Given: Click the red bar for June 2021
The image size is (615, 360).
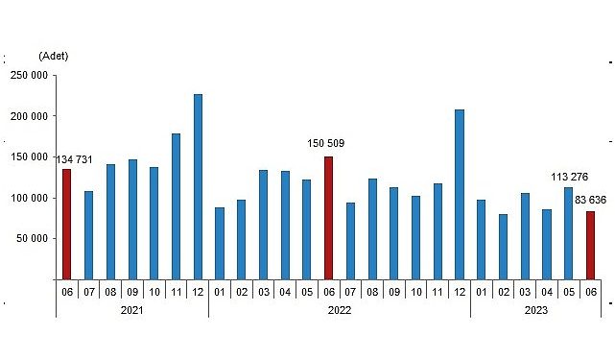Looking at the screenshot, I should (x=66, y=224).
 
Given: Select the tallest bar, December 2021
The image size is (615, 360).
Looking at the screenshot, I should (x=198, y=186).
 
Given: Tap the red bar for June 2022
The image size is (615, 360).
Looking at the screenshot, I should (x=328, y=218).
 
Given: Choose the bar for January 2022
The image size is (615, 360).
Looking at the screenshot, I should (x=220, y=243).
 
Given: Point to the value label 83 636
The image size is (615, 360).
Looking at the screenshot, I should (x=588, y=200).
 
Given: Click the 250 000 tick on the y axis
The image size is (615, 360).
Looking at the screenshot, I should (x=28, y=75).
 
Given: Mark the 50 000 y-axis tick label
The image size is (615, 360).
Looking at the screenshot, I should (x=31, y=239).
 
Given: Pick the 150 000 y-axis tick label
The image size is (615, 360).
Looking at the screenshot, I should (x=28, y=156).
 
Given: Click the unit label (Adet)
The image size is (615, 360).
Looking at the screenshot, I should (x=54, y=56).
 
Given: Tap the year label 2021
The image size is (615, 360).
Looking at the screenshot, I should (x=131, y=310).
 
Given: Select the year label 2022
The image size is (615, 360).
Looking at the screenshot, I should (x=339, y=310).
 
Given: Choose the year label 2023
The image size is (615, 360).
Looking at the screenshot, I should (x=535, y=310).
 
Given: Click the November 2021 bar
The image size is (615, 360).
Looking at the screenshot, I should (x=176, y=206).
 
